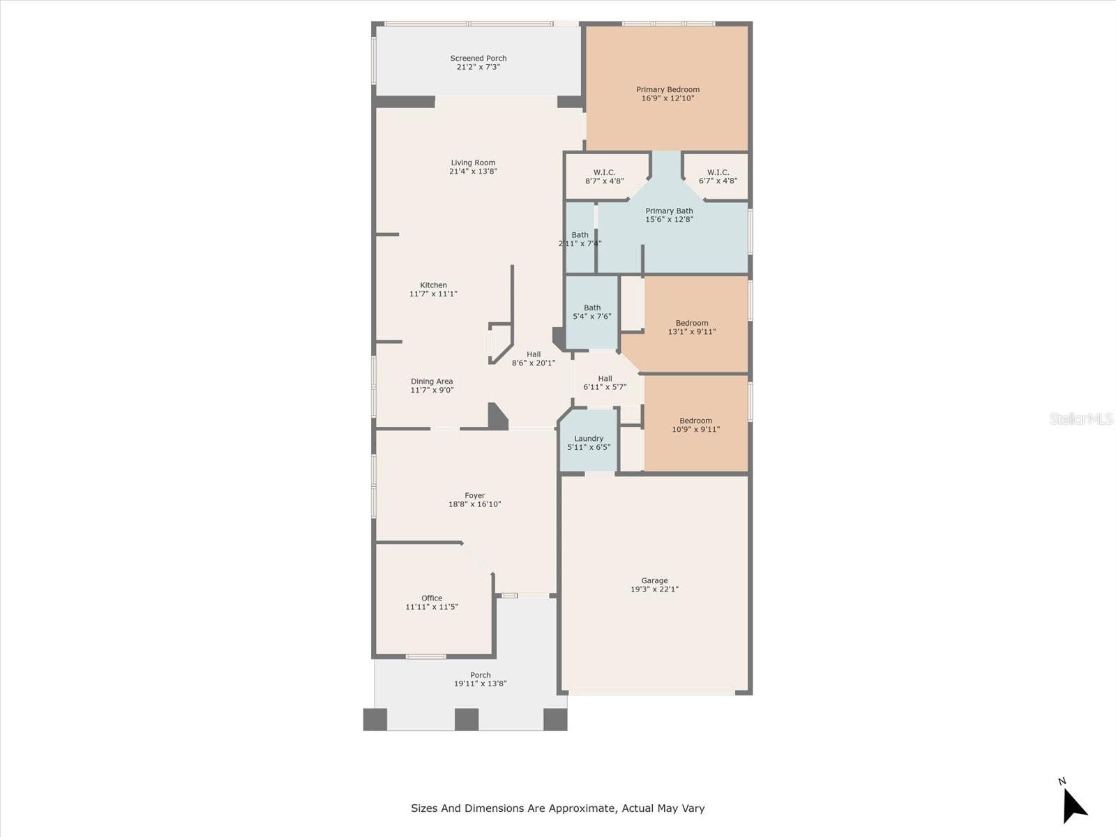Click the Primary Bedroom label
point(668,89)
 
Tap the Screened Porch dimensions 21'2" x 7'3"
point(478,68)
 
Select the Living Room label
point(473,163)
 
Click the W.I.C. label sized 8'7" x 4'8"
point(604,172)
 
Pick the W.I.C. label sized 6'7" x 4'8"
point(718,172)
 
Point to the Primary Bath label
point(669,211)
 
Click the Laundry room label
point(589,439)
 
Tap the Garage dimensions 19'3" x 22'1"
point(654,589)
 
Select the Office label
point(432,598)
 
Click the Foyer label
point(475,495)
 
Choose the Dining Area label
point(432,382)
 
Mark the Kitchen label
point(433,285)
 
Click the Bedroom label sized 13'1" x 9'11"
point(692,323)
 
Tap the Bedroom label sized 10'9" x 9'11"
point(696,421)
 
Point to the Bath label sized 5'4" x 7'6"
point(592,308)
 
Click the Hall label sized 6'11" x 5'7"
point(605,379)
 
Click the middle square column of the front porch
point(467,719)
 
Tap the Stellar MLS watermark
point(1081,418)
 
